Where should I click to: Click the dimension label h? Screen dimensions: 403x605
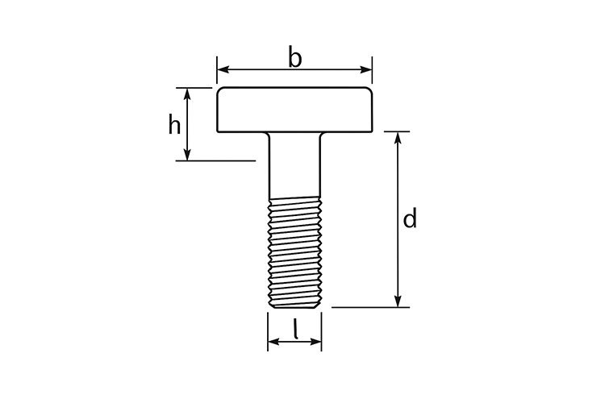(173, 125)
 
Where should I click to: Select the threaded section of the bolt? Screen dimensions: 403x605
(295, 254)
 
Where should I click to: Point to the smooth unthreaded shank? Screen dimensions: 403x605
(295, 165)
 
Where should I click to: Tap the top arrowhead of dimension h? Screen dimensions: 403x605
(188, 92)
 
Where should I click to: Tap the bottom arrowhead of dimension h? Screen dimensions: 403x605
(188, 156)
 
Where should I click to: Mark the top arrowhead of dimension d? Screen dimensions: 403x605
(398, 136)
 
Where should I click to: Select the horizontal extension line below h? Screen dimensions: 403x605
(215, 161)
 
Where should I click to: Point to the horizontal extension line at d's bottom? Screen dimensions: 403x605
(371, 307)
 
